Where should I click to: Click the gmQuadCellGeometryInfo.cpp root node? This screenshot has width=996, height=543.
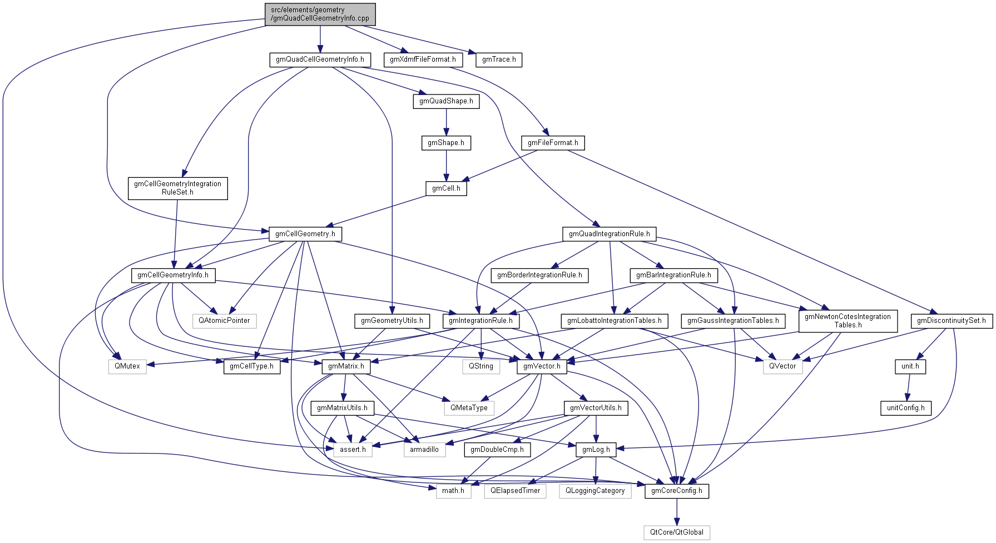[320, 14]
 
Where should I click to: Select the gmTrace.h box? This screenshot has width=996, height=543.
[499, 59]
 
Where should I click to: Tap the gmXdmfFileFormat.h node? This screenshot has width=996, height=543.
[423, 59]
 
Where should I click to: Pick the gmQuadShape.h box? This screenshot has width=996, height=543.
[446, 101]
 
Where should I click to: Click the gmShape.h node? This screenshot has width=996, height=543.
[446, 143]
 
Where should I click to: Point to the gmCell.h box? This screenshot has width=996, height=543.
[446, 188]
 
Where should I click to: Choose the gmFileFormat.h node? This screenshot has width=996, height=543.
[553, 143]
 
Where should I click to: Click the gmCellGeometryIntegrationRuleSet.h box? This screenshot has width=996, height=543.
[177, 188]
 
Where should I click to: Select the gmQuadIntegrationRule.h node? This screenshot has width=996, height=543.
[609, 234]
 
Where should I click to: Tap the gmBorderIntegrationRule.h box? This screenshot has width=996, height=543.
[539, 275]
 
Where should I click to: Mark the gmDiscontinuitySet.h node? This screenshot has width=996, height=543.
[951, 321]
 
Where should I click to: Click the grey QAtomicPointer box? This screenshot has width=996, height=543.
[225, 321]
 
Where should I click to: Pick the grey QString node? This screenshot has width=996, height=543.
[480, 366]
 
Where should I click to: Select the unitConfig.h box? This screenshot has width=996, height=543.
[905, 408]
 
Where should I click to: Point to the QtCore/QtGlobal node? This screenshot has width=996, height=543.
[677, 532]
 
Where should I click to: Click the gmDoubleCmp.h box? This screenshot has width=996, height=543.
[497, 450]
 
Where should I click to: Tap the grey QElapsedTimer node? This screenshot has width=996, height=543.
[515, 491]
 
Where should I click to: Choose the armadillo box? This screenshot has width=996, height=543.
[424, 450]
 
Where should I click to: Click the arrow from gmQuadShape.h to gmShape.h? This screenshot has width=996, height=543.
[446, 122]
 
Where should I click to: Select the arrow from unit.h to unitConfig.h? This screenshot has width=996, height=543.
[908, 387]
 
